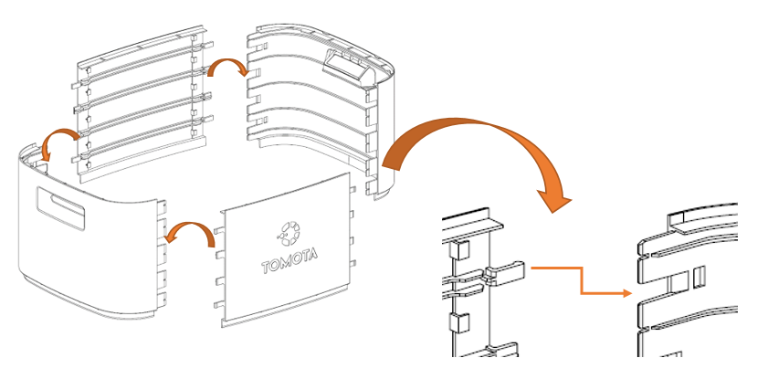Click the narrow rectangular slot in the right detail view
click(x=700, y=274)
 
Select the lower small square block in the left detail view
click(x=460, y=321)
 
